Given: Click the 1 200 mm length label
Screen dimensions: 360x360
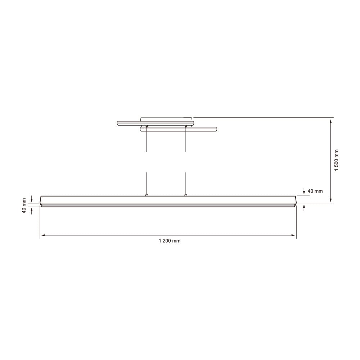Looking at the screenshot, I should coord(169,241).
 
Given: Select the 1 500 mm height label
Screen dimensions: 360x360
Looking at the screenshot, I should coord(336,160).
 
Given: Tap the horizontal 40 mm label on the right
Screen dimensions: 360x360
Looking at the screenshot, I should coord(315,191).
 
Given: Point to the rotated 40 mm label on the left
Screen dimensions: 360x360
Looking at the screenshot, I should coord(24,206).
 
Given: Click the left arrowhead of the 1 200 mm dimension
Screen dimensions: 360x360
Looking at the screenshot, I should coord(42,235).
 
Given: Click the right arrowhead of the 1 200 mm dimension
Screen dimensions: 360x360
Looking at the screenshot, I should coord(293,235).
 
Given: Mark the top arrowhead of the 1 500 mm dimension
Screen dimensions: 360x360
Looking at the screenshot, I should coord(331,120).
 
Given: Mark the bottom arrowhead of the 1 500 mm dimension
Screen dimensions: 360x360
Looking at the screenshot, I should coord(331,201).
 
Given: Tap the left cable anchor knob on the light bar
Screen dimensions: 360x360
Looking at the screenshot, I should coord(147,195).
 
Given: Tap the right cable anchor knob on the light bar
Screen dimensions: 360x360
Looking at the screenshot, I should coord(185,195).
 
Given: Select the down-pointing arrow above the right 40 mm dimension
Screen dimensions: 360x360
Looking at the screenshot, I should coord(305,192).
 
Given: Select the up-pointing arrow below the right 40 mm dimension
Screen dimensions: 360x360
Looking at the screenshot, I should coord(305,207).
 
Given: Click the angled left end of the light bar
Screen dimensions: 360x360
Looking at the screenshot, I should coord(41,201).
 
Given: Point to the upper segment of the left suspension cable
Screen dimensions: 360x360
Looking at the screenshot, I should coord(147,140).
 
